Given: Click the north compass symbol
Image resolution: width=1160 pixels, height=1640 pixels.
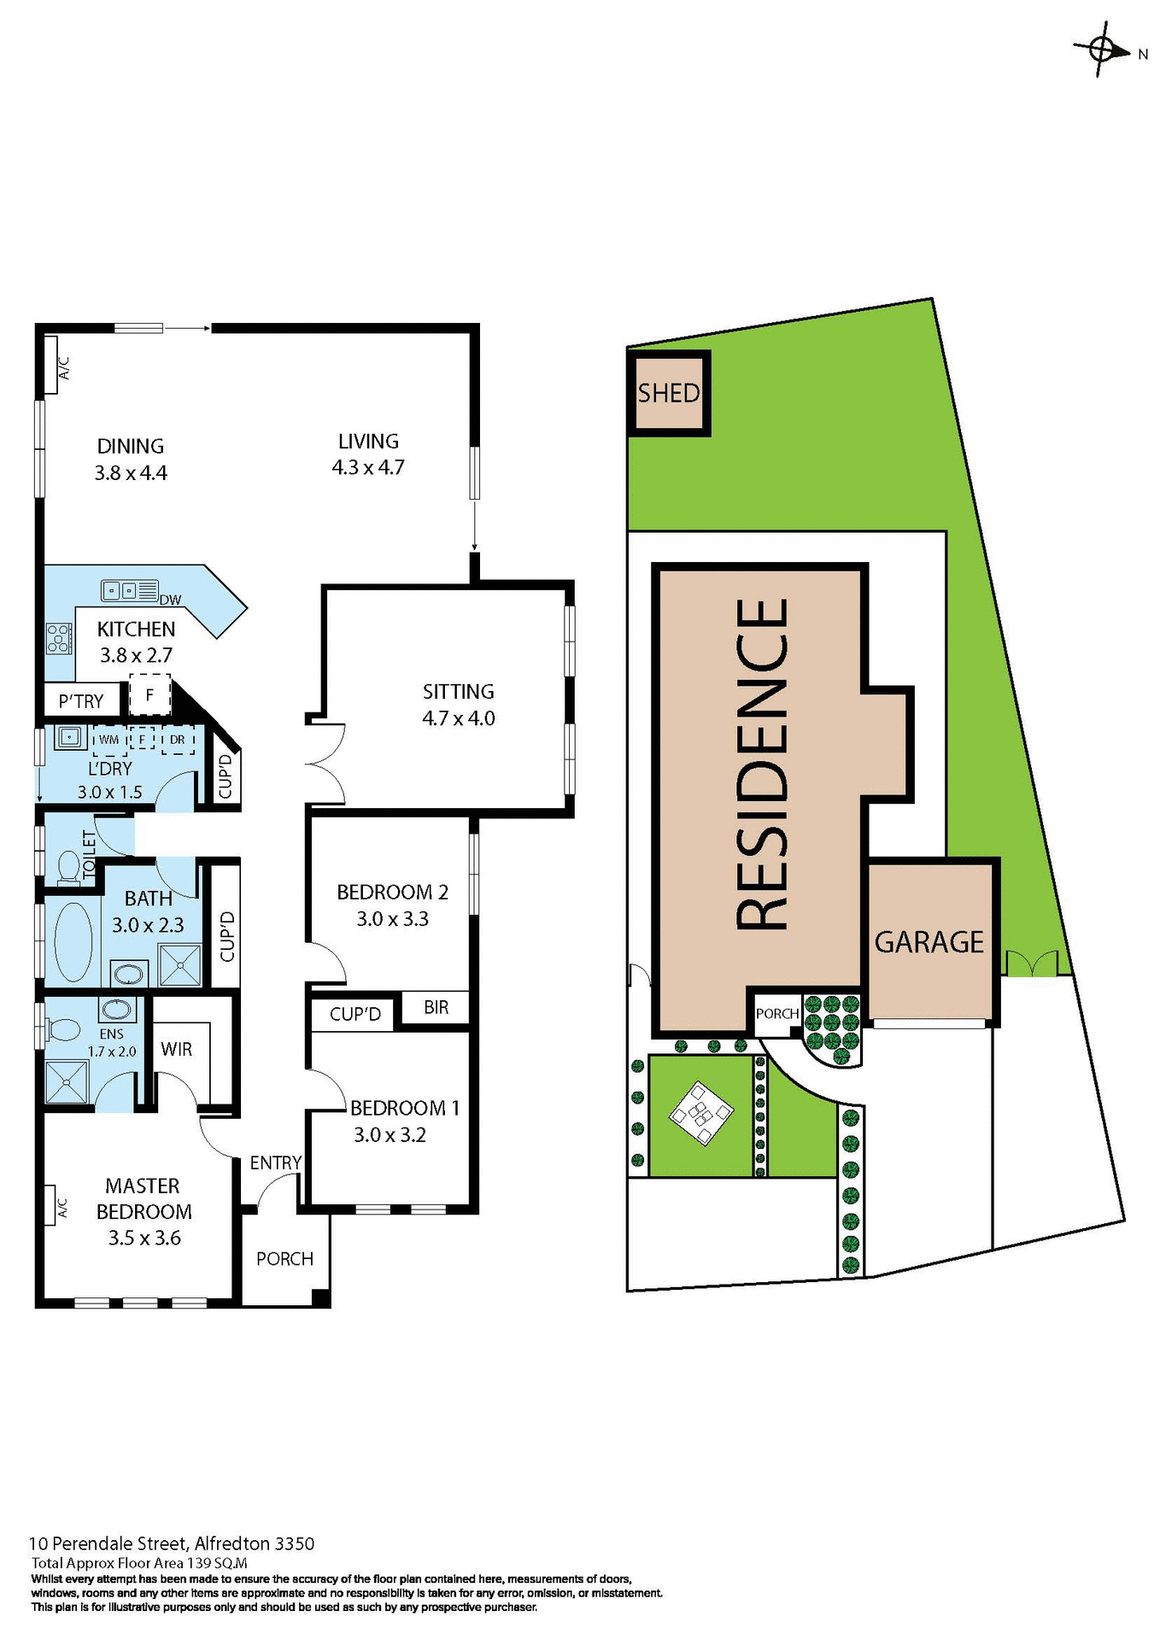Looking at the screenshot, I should [x=1101, y=49].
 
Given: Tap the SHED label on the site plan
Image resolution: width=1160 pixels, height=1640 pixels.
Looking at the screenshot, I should [x=669, y=393].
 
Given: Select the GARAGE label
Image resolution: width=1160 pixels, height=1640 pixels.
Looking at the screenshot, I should [x=929, y=942].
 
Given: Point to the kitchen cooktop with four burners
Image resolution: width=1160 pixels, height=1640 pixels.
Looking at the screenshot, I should [x=58, y=638].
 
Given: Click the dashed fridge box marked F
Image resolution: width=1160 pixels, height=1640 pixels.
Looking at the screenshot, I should [x=149, y=694].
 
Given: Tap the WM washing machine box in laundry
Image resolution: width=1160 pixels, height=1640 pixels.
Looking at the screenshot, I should [x=109, y=740].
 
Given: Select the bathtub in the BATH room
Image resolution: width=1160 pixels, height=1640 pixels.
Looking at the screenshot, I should [x=73, y=941].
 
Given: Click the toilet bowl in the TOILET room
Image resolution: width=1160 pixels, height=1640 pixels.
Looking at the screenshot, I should [x=67, y=868].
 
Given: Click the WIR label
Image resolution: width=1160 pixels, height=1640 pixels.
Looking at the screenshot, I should [x=177, y=1049].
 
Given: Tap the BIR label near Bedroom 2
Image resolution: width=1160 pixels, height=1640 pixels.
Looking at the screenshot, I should [x=436, y=1007].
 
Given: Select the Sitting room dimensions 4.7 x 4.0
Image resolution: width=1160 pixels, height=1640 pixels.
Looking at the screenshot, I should [x=459, y=718].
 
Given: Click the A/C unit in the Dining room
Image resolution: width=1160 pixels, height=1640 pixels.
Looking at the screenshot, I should [x=50, y=365].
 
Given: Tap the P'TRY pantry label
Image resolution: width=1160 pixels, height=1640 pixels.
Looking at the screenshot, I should [x=81, y=701].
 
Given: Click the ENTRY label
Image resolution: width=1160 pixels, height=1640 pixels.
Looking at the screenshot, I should [x=275, y=1163].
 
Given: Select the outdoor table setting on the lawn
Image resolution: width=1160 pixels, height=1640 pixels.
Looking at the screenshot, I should [x=700, y=1113].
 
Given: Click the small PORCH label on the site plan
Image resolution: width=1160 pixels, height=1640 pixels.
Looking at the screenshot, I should [x=776, y=1013].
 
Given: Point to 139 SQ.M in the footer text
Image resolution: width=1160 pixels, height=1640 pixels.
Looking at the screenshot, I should [x=217, y=1563].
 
